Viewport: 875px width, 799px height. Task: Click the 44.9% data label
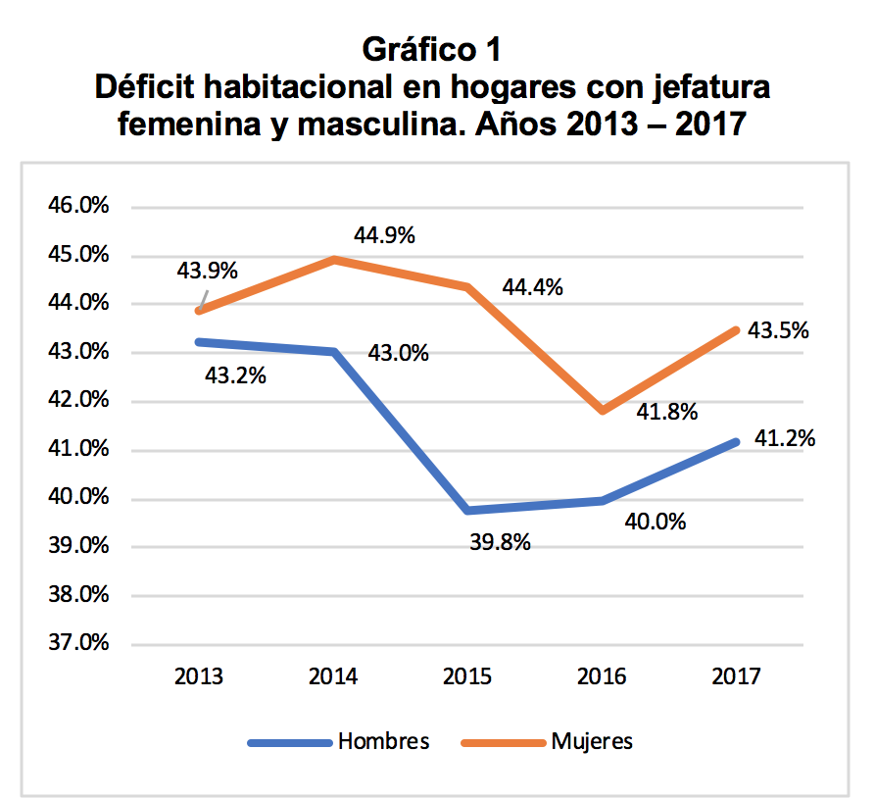click(x=385, y=235)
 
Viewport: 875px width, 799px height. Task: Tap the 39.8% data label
click(x=500, y=541)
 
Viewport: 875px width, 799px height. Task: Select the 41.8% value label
click(x=666, y=412)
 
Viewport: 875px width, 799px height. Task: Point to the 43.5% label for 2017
click(x=778, y=330)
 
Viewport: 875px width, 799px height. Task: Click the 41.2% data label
click(x=785, y=438)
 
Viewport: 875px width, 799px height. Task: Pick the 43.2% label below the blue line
click(x=235, y=375)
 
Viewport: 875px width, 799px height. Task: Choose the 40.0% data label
click(x=655, y=521)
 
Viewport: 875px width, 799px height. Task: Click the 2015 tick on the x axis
click(x=467, y=676)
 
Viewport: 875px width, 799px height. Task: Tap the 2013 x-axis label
click(x=199, y=676)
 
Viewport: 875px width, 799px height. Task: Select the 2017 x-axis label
click(x=736, y=676)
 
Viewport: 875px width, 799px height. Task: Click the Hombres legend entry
click(x=383, y=741)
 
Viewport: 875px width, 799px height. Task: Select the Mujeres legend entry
click(x=592, y=741)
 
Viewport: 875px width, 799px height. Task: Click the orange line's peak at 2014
click(x=334, y=260)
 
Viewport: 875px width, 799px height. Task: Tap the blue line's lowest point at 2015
click(x=468, y=510)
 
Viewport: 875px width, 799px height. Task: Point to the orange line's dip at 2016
click(x=603, y=410)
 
